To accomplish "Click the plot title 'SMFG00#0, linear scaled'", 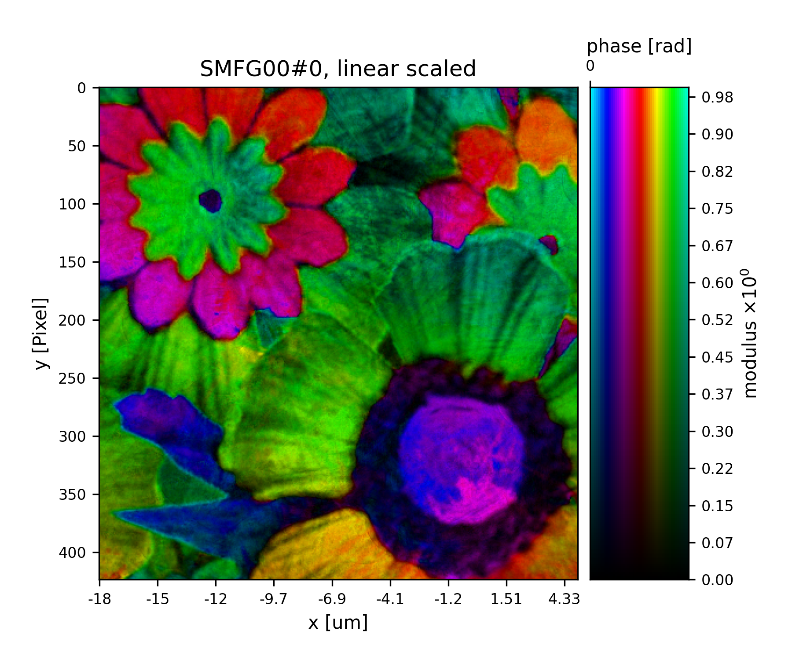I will click(x=337, y=69).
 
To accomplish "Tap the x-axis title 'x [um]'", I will click(x=337, y=623).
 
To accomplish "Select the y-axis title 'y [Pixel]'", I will click(x=41, y=333).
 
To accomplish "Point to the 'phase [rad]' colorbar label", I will click(x=639, y=46).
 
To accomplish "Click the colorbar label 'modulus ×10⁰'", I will click(x=751, y=333).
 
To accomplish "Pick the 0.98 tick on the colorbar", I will click(x=717, y=98).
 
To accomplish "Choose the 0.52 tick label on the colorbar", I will click(x=717, y=320).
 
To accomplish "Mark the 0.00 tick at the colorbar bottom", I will click(x=717, y=580).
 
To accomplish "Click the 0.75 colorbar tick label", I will click(x=717, y=209).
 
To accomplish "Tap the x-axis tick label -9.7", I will click(x=274, y=599).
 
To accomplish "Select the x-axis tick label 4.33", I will click(x=565, y=599).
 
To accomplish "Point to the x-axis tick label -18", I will click(x=99, y=599).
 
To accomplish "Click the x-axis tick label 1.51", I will click(x=506, y=599).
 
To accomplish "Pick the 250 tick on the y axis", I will click(x=72, y=378).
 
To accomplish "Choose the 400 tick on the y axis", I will click(x=72, y=552).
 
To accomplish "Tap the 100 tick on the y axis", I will click(x=72, y=204).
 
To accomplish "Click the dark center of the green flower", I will click(x=210, y=201).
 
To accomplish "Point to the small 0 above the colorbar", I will click(x=590, y=66).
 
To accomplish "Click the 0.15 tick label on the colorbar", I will click(x=717, y=506).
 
